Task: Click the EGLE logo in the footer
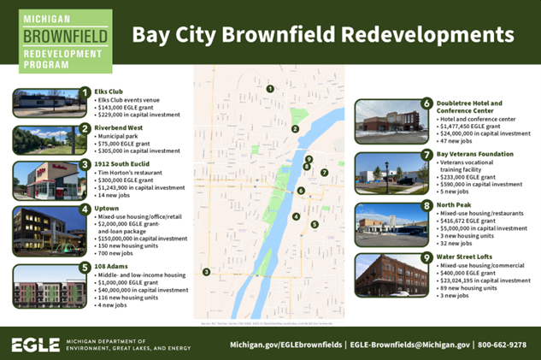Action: click(34, 345)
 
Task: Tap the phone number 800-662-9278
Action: click(503, 345)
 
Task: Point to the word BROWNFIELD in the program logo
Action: click(66, 37)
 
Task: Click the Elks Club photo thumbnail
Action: click(44, 103)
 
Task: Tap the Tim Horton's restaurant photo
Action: click(44, 180)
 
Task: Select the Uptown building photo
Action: click(44, 227)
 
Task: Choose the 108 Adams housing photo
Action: click(44, 285)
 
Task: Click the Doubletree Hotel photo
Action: click(390, 122)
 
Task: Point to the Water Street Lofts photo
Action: click(390, 274)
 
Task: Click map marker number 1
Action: click(270, 89)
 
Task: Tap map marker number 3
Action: click(206, 272)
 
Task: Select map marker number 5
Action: click(315, 224)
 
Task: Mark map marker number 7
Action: click(325, 173)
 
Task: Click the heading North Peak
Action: click(454, 205)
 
